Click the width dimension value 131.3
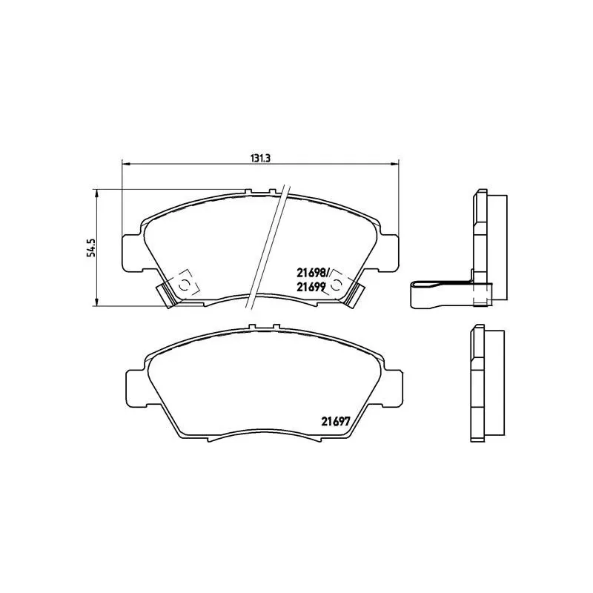258,158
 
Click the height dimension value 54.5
91,247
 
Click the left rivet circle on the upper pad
183,284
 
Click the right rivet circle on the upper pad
338,284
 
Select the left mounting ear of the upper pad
131,251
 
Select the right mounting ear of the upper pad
389,251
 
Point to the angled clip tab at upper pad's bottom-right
356,294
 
